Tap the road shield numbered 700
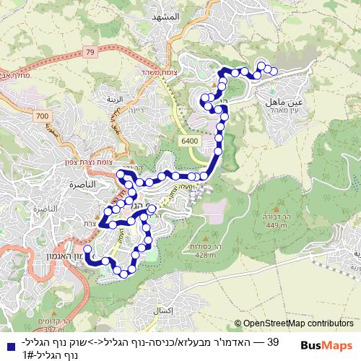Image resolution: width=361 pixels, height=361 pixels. pyautogui.click(x=43, y=116)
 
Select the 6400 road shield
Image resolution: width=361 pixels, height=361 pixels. pyautogui.click(x=190, y=142)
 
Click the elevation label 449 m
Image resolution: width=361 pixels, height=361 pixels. pyautogui.click(x=274, y=225)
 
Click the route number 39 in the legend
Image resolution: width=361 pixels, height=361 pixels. pyautogui.click(x=273, y=341)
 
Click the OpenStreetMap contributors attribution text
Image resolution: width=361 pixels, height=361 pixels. pyautogui.click(x=294, y=323)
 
